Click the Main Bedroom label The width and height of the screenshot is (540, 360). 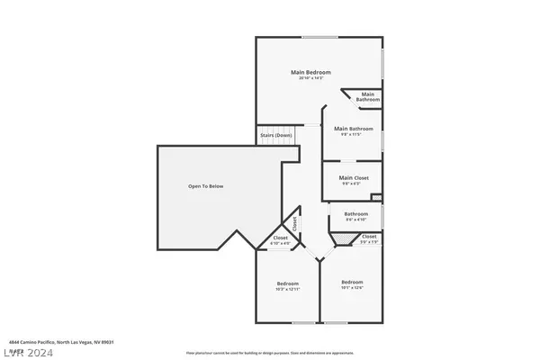click(x=310, y=72)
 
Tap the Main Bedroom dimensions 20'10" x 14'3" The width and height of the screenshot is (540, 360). click(x=310, y=79)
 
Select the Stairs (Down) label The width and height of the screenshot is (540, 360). click(x=276, y=135)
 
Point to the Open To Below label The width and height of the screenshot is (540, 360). click(x=205, y=186)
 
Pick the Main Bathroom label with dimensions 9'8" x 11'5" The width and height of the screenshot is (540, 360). click(x=353, y=129)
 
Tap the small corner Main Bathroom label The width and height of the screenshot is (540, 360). click(x=367, y=96)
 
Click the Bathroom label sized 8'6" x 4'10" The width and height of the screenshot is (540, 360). click(x=355, y=213)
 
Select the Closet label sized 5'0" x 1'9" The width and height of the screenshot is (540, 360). click(x=369, y=236)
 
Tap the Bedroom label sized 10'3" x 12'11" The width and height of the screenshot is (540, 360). click(x=287, y=286)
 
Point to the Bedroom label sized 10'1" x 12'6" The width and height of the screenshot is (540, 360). click(x=352, y=282)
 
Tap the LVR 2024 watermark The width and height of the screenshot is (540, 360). click(x=28, y=353)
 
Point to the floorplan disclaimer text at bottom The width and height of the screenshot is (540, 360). click(x=269, y=353)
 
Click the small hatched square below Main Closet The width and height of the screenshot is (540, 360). click(x=376, y=198)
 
